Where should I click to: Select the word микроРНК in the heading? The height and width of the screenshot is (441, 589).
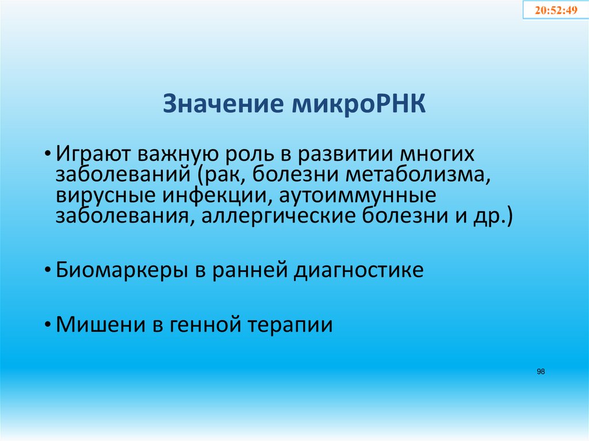point(358,106)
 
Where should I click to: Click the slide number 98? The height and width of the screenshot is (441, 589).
point(541,372)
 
